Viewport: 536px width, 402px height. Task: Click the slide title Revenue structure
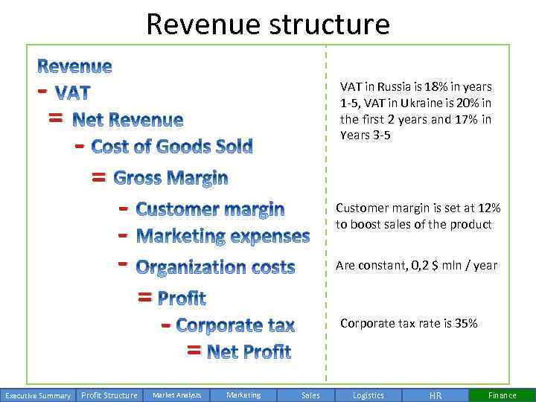[x=268, y=24]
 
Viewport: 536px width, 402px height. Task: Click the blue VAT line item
[x=73, y=93]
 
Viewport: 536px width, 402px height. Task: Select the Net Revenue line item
[x=127, y=119]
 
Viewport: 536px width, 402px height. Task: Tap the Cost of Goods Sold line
[x=172, y=146]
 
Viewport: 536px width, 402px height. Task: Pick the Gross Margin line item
[x=170, y=178]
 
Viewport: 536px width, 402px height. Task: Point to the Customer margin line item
[x=210, y=209]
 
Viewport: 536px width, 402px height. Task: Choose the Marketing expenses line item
[x=223, y=237]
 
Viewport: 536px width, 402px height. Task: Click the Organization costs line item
[x=216, y=267]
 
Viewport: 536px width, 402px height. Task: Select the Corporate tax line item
[x=235, y=325]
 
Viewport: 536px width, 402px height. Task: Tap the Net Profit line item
[x=249, y=351]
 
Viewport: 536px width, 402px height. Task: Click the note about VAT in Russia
[x=415, y=111]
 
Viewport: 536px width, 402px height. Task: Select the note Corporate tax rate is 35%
[x=409, y=323]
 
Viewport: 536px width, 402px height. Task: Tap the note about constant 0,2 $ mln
[x=416, y=265]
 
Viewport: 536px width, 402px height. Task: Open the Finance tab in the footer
[x=502, y=395]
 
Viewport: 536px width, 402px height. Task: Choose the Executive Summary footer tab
[x=37, y=395]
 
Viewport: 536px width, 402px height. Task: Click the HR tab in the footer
[x=435, y=395]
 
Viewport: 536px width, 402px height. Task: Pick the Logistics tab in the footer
[x=368, y=395]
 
